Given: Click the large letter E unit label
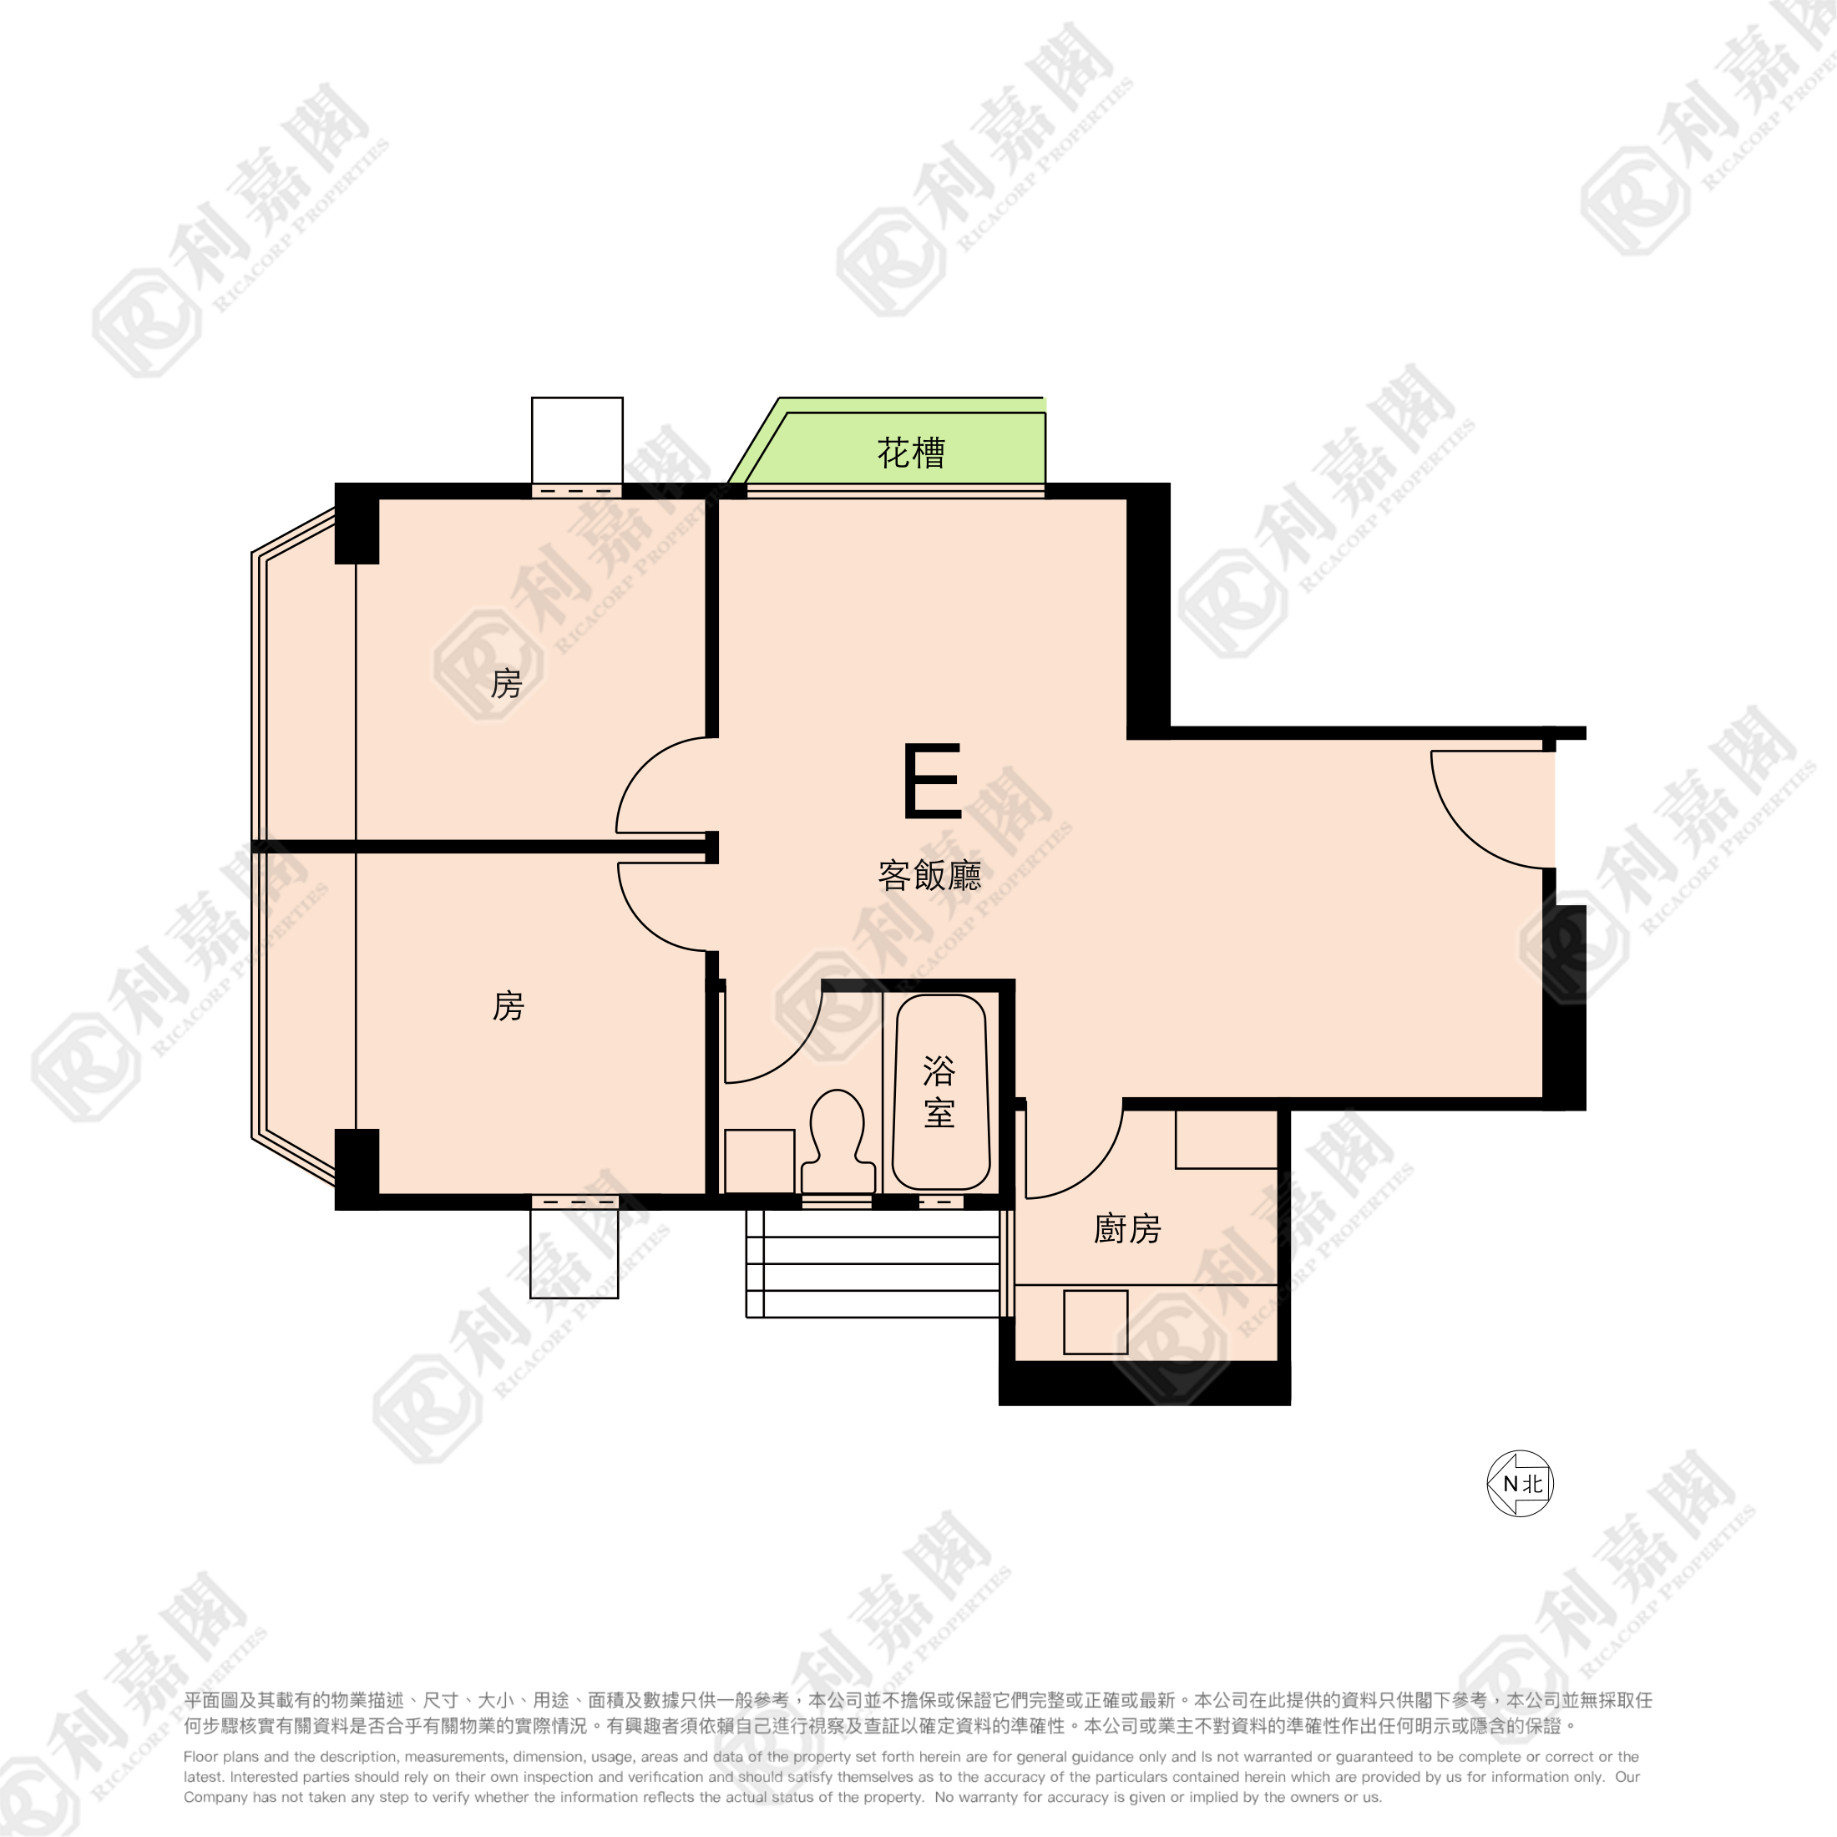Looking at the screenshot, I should [932, 782].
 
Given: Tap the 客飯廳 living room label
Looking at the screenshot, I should [929, 876].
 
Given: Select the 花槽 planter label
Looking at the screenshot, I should [911, 453].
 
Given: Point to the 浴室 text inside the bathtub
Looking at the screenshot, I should [939, 1092].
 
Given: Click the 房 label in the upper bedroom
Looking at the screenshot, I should [506, 684].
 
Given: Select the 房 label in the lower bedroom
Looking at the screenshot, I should [508, 1006].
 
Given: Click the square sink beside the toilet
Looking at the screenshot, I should [759, 1161].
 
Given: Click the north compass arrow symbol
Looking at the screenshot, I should [1520, 1483].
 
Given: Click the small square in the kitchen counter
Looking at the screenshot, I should [1096, 1323].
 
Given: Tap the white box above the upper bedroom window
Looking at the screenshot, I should [577, 440].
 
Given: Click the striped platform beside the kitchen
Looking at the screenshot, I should [873, 1263].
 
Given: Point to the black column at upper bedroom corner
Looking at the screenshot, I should [357, 524].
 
